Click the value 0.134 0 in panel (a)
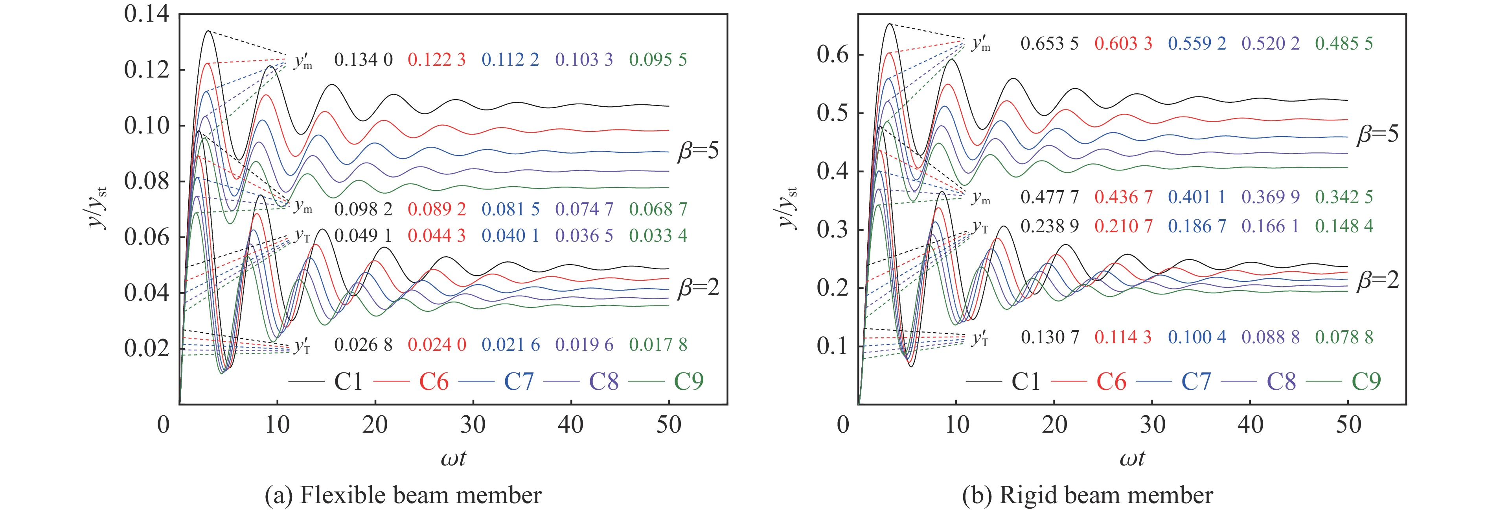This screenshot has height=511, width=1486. tap(363, 59)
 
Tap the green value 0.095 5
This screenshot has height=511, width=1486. tap(658, 59)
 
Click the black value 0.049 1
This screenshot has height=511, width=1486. tap(363, 235)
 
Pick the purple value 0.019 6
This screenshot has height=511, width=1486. tap(584, 345)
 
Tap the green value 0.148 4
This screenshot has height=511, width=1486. tap(1344, 226)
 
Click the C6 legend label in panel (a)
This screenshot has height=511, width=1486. tap(434, 381)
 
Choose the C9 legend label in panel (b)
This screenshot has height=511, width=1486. tap(1366, 381)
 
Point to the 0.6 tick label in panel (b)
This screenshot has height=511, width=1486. tap(832, 55)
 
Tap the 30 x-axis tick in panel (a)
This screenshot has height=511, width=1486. tap(473, 425)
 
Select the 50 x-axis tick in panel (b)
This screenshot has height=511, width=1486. tap(1348, 425)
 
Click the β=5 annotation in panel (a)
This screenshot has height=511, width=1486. tap(698, 151)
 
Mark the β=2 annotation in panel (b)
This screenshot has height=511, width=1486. tap(1377, 280)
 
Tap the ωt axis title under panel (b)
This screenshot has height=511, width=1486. tap(1132, 459)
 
